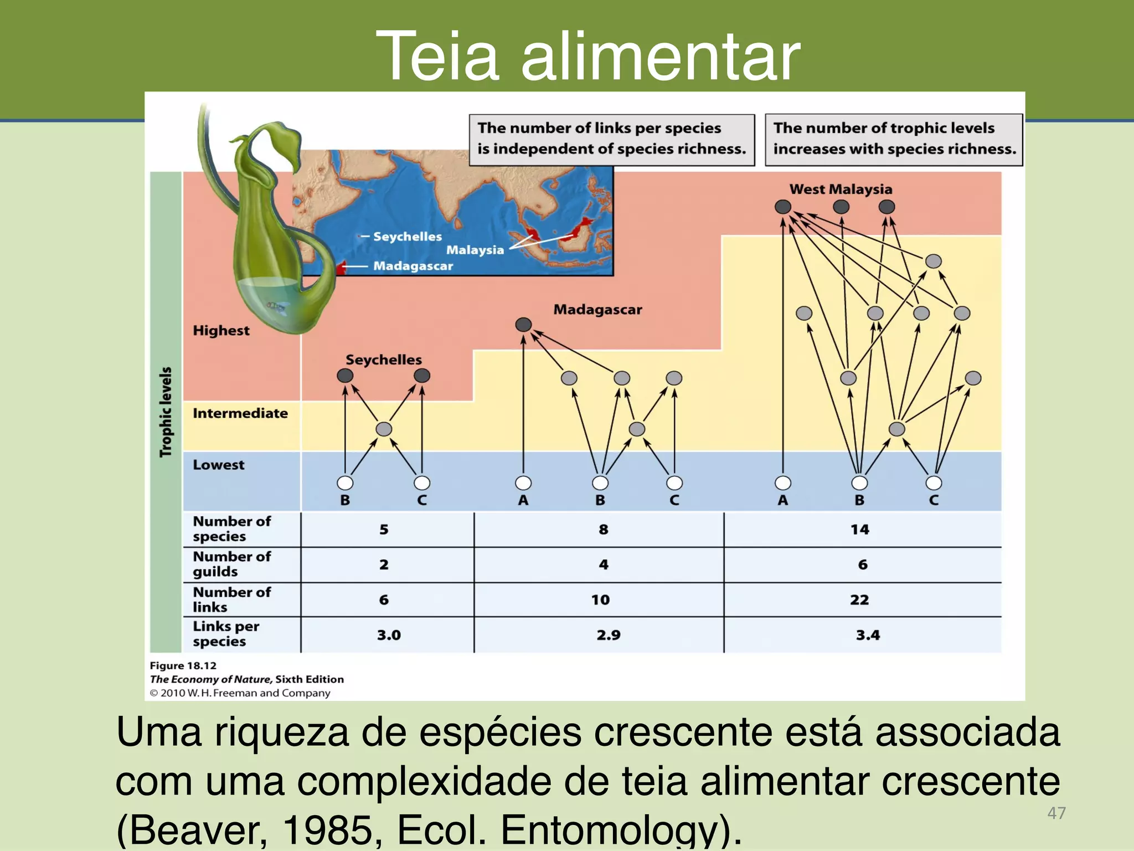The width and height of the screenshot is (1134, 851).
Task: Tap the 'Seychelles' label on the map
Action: (407, 237)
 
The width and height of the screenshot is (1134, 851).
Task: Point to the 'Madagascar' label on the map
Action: (413, 266)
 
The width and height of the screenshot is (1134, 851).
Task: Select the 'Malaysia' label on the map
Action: (475, 250)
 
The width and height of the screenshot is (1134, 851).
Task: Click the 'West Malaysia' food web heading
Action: (841, 189)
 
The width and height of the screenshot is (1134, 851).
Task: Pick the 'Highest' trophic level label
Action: (221, 331)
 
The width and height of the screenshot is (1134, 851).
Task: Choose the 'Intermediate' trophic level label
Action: (240, 413)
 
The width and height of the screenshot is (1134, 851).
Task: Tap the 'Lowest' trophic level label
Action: (218, 465)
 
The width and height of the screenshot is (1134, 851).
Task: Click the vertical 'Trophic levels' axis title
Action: (166, 412)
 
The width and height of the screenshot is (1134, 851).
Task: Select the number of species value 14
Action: (859, 530)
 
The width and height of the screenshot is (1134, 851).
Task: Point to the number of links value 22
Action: (859, 600)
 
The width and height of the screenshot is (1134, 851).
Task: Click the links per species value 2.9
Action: (608, 635)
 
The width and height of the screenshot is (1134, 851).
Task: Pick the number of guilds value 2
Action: (384, 565)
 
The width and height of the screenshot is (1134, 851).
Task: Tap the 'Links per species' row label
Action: (226, 634)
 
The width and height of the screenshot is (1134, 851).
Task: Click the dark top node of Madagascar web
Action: (523, 325)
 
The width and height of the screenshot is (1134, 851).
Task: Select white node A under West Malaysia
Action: (782, 483)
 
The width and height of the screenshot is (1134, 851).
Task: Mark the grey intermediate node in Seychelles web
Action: (384, 429)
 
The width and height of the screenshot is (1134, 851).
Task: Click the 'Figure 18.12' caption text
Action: (183, 665)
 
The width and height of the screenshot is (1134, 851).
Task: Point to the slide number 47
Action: (1056, 813)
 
